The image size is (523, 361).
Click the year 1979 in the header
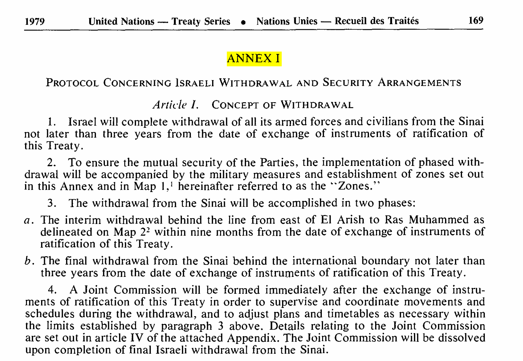(x=35, y=21)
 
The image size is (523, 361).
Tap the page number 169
(x=476, y=21)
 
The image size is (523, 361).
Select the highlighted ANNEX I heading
(x=254, y=59)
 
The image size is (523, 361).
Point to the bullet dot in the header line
(x=244, y=22)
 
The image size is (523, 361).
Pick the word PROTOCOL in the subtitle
(x=72, y=83)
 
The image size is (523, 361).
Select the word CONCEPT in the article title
(x=235, y=105)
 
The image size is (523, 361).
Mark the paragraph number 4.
(x=52, y=290)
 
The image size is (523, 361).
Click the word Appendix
(x=252, y=338)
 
